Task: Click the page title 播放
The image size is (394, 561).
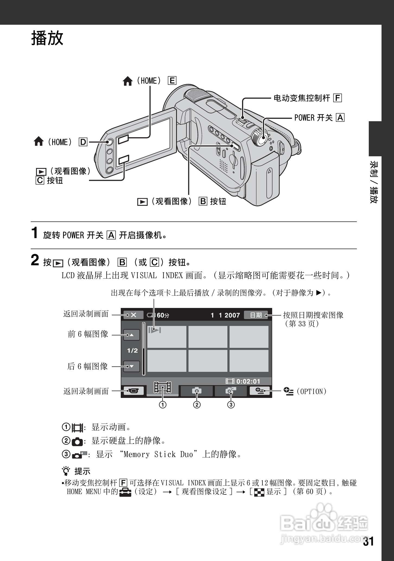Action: click(x=47, y=38)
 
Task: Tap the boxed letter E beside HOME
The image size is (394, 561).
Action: click(x=172, y=81)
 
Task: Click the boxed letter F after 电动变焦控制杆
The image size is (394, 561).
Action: click(x=338, y=98)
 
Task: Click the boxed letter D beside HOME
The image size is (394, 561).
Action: click(x=83, y=142)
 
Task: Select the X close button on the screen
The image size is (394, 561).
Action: click(x=134, y=315)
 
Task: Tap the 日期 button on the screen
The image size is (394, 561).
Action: click(x=256, y=315)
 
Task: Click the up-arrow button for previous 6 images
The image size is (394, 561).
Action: click(x=132, y=335)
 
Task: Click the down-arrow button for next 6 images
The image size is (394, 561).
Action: click(x=132, y=366)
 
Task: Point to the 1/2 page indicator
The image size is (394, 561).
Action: click(x=132, y=351)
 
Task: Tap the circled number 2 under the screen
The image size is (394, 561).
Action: click(x=197, y=405)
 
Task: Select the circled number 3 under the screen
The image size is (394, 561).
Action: click(x=231, y=405)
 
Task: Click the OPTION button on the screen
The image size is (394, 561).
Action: click(x=259, y=391)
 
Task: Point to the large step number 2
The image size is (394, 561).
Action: click(x=35, y=260)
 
